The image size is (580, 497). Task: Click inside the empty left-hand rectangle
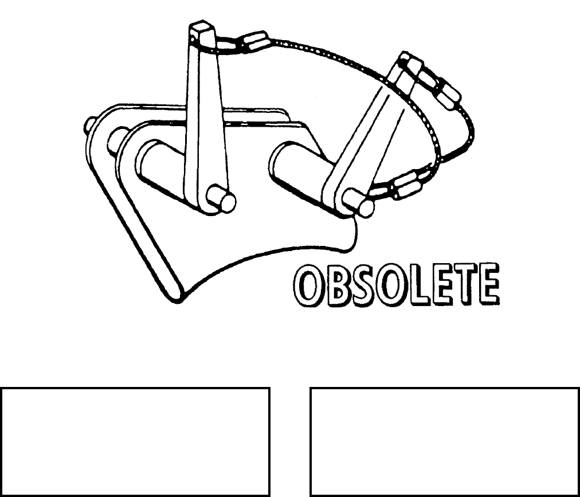tap(135, 441)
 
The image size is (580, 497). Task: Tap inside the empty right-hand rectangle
tap(445, 441)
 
